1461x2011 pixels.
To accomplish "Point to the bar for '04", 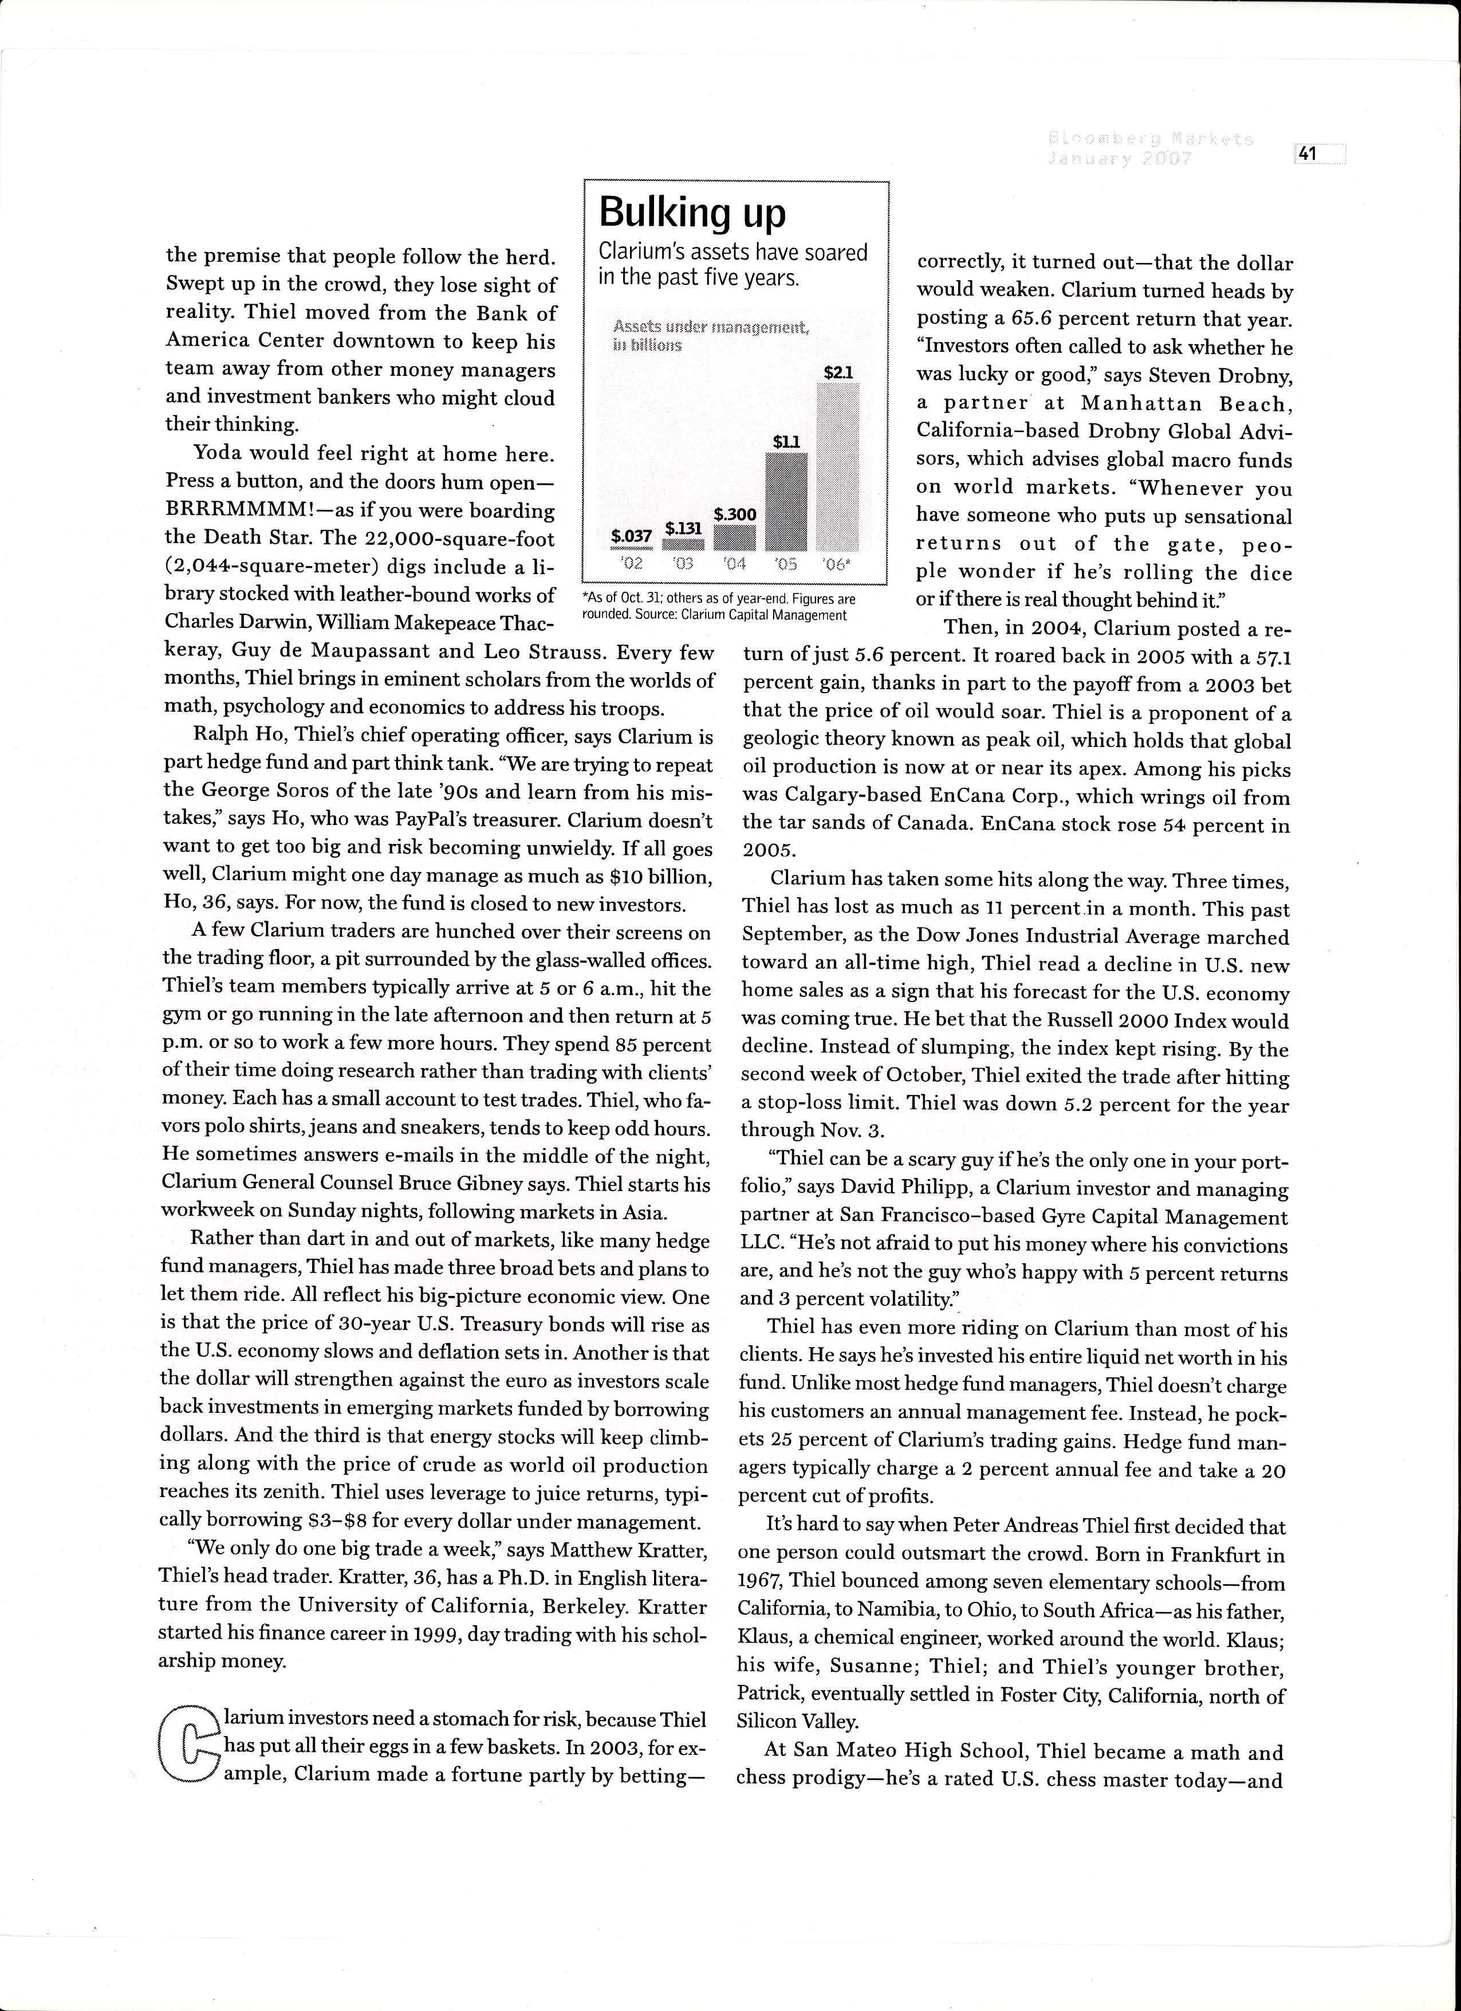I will click(x=734, y=537).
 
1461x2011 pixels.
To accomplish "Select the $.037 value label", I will click(x=631, y=536).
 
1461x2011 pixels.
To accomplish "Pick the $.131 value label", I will click(x=683, y=528).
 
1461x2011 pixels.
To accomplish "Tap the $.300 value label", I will click(x=735, y=514).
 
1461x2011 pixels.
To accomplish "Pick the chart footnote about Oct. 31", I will click(x=718, y=607).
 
